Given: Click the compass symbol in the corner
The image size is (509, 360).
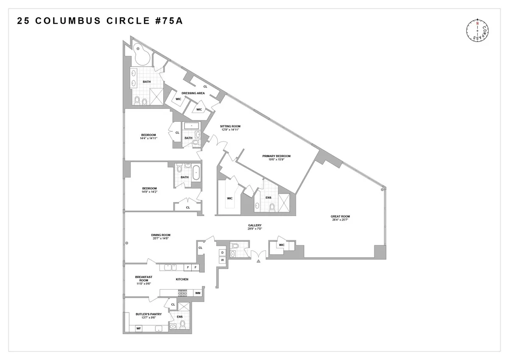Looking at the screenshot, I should point(478,31).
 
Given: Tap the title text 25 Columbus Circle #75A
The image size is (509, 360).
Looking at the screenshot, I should point(100,22).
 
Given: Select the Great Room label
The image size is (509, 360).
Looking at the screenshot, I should point(340,217).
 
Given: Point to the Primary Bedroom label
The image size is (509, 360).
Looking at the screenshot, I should point(276,156).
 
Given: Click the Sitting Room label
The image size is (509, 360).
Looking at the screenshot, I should point(230,126).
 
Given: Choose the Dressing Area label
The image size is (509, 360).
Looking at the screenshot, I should point(193,93).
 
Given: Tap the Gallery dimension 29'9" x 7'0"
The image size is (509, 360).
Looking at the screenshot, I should point(255,229).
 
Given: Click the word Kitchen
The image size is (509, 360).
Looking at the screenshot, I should point(182,279).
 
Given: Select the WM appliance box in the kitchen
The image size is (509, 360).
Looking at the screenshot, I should point(197,293).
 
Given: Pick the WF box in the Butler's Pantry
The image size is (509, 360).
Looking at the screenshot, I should point(138,328).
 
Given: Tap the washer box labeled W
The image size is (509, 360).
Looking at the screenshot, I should point(222,260).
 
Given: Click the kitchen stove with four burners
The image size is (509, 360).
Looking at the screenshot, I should point(182,292).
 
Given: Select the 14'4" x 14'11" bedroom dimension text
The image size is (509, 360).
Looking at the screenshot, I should point(149,138).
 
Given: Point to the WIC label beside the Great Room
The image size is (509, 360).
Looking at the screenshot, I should point(282,245).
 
